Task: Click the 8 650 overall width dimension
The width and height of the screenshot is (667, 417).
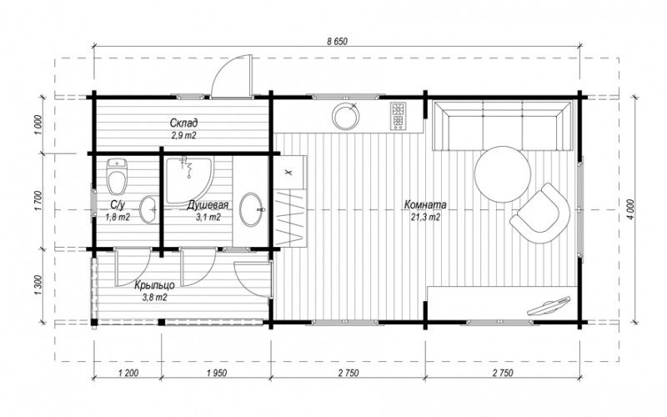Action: (338, 41)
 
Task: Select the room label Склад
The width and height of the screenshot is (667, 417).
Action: (183, 123)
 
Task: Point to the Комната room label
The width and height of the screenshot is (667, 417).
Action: (425, 204)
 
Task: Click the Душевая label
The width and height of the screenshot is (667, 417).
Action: (208, 205)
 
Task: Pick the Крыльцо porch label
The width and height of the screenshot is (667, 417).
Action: (154, 285)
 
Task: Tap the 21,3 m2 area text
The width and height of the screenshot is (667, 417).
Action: (425, 218)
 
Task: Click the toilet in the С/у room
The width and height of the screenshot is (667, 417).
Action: (118, 176)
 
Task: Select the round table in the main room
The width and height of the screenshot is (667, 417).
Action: (503, 174)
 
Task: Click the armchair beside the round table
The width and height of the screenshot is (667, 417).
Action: (540, 214)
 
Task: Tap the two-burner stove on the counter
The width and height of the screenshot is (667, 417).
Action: (399, 116)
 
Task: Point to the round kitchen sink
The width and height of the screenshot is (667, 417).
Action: (345, 115)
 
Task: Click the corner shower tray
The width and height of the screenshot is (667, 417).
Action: (189, 180)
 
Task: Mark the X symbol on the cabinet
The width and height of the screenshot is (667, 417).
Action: (288, 173)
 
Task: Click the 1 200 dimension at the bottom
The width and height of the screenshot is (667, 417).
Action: (127, 373)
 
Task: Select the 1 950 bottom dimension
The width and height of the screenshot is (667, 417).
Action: (216, 373)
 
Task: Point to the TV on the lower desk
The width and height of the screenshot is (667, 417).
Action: (548, 305)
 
